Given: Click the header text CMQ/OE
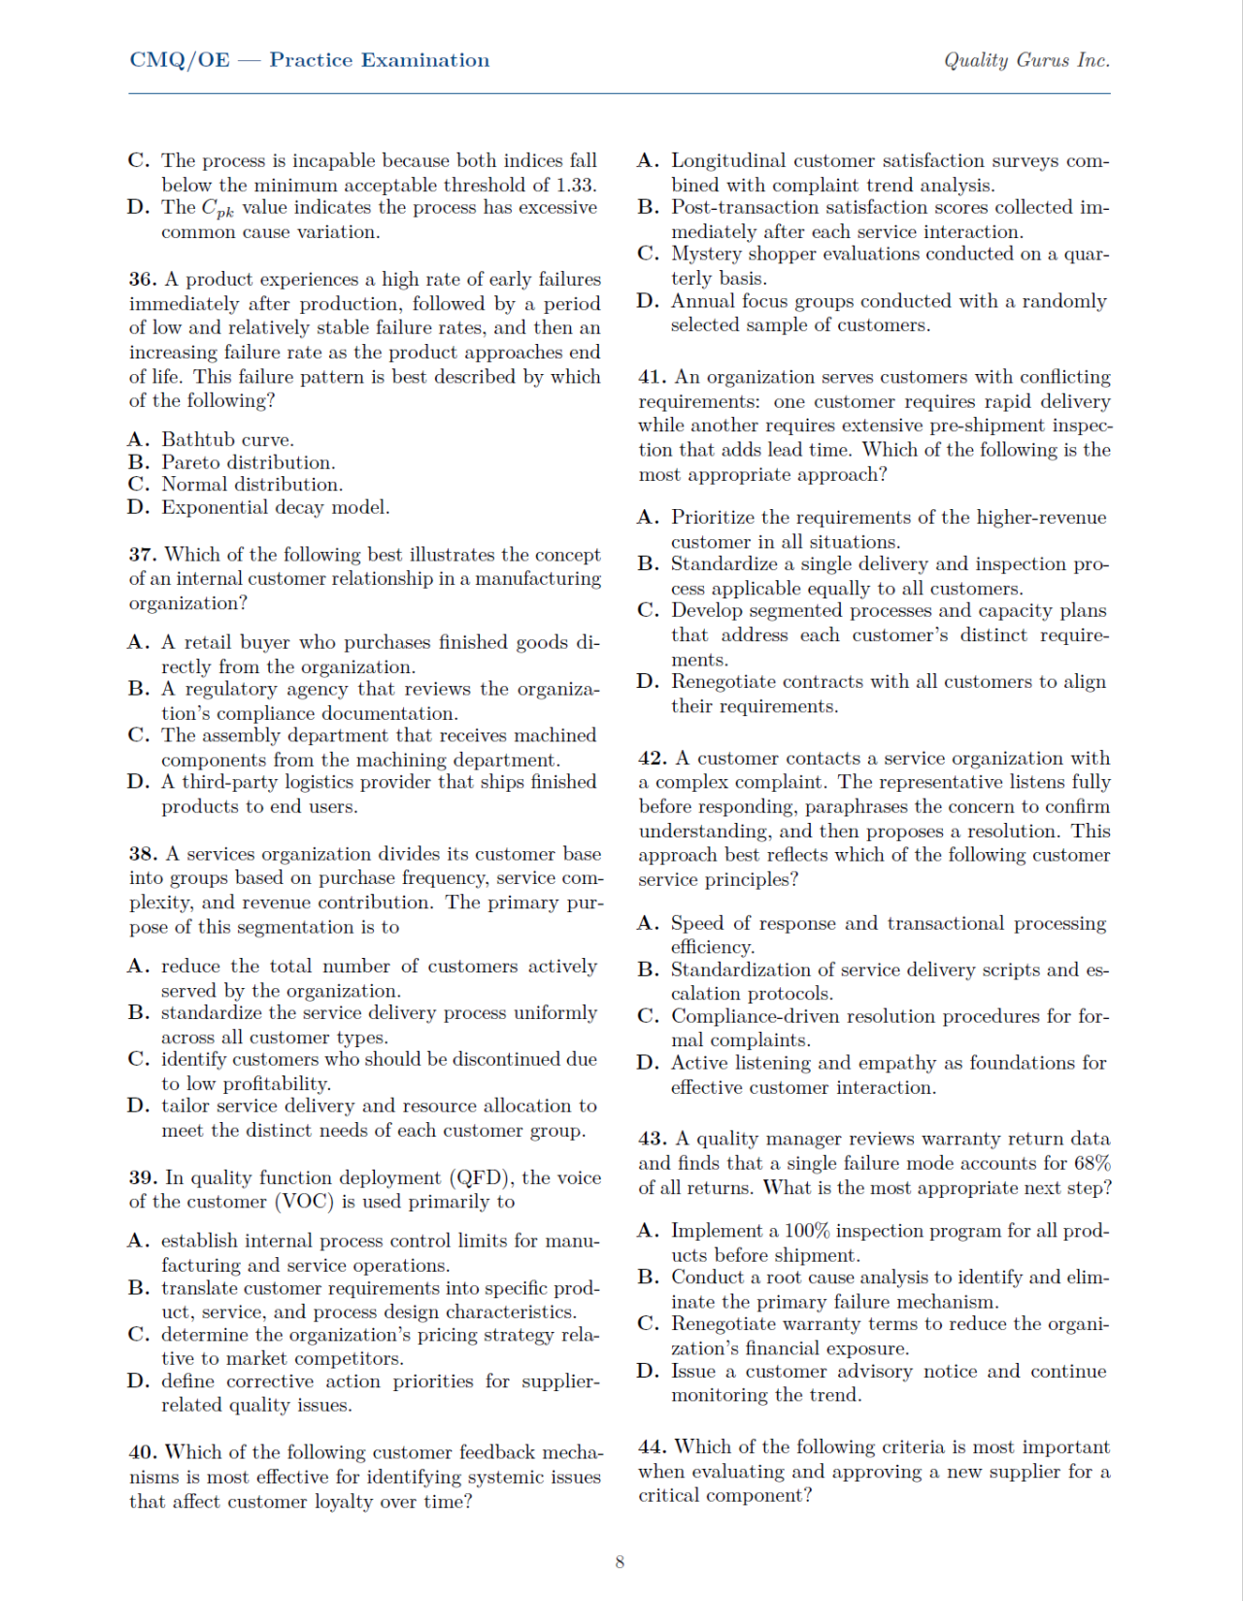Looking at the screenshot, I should pyautogui.click(x=180, y=60).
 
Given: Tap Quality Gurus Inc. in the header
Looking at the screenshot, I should pyautogui.click(x=1026, y=60).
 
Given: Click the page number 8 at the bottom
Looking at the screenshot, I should pyautogui.click(x=620, y=1562).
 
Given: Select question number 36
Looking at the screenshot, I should pyautogui.click(x=142, y=280).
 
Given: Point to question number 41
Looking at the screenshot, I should pyautogui.click(x=652, y=377).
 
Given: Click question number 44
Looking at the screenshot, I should pyautogui.click(x=652, y=1448).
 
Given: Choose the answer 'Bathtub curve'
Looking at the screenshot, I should pyautogui.click(x=227, y=440).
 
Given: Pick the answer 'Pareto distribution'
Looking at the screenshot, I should pyautogui.click(x=248, y=462).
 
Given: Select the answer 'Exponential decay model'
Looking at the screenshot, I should pyautogui.click(x=275, y=507).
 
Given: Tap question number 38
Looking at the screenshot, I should pyautogui.click(x=142, y=854).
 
